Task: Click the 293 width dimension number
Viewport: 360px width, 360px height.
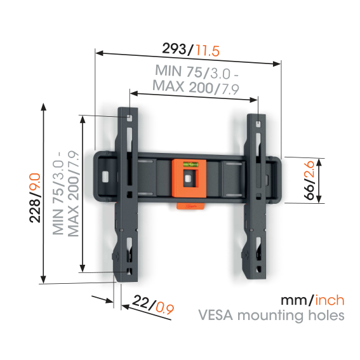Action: click(x=175, y=49)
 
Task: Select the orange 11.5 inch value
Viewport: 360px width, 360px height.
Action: click(x=208, y=51)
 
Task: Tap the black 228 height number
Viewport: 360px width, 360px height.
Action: click(x=35, y=210)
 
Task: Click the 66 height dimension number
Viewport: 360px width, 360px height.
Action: click(x=309, y=192)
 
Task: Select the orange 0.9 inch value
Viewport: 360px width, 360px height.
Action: click(x=164, y=309)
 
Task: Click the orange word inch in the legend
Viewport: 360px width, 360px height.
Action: click(x=330, y=300)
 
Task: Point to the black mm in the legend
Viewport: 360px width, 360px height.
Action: click(x=294, y=301)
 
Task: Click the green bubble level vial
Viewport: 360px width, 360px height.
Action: click(x=190, y=164)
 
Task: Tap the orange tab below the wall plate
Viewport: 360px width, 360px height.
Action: click(x=190, y=206)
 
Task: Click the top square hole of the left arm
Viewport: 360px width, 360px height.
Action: click(x=130, y=119)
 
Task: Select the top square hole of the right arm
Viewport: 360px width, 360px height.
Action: click(x=258, y=124)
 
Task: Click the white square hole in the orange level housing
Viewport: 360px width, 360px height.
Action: click(x=188, y=178)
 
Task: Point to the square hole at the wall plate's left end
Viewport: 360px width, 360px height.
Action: click(x=105, y=177)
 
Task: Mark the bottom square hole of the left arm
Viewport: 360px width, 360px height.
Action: click(x=130, y=271)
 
